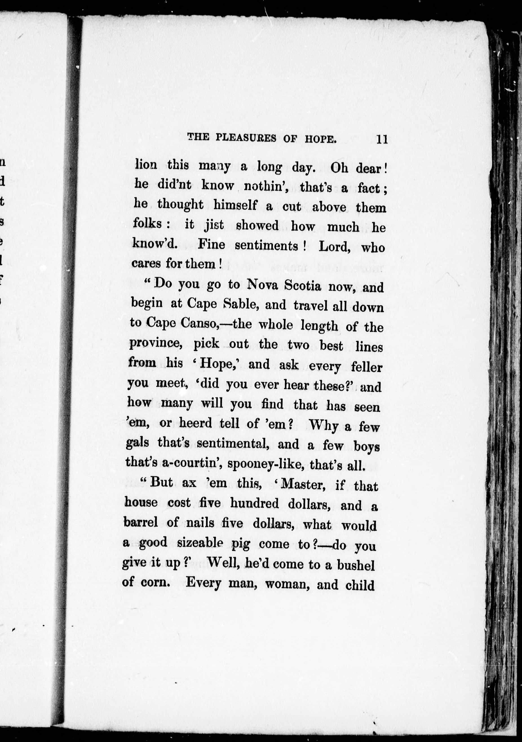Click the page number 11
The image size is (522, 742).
[x=381, y=139]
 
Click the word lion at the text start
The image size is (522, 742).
[x=146, y=165]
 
